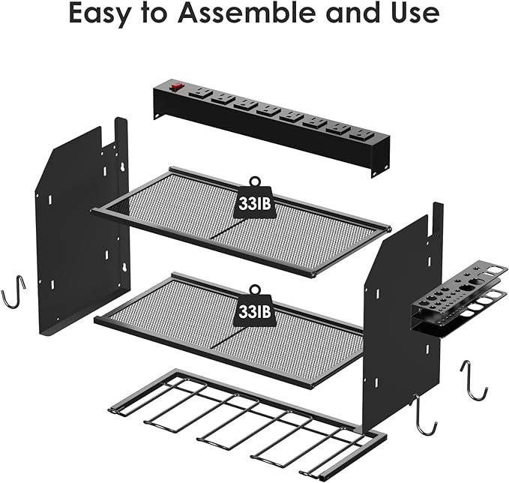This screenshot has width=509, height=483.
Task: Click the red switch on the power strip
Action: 178,86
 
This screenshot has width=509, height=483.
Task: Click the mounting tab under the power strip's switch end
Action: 159,112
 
